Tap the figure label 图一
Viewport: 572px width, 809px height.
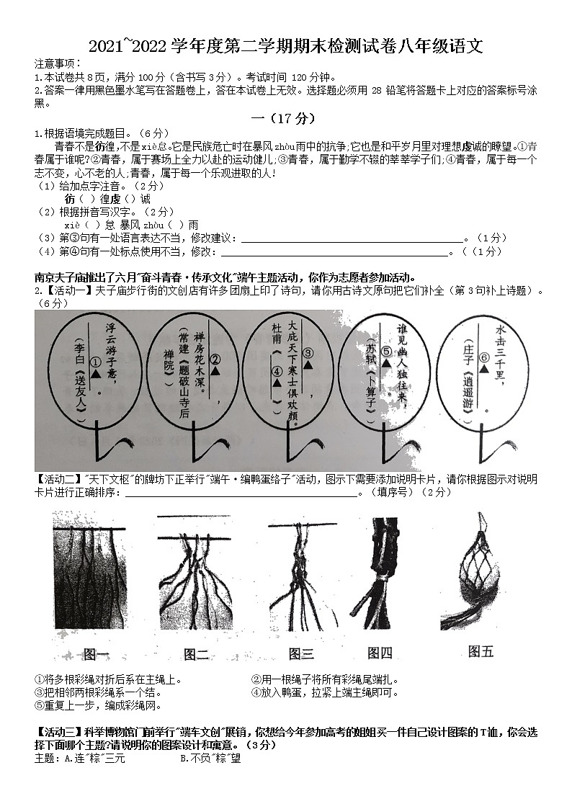(96, 654)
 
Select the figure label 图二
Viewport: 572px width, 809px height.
(196, 654)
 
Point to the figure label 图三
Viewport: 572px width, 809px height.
(301, 654)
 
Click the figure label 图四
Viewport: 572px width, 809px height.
(380, 653)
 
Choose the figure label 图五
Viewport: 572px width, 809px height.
(481, 651)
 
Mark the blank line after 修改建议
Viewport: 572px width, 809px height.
(350, 238)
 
